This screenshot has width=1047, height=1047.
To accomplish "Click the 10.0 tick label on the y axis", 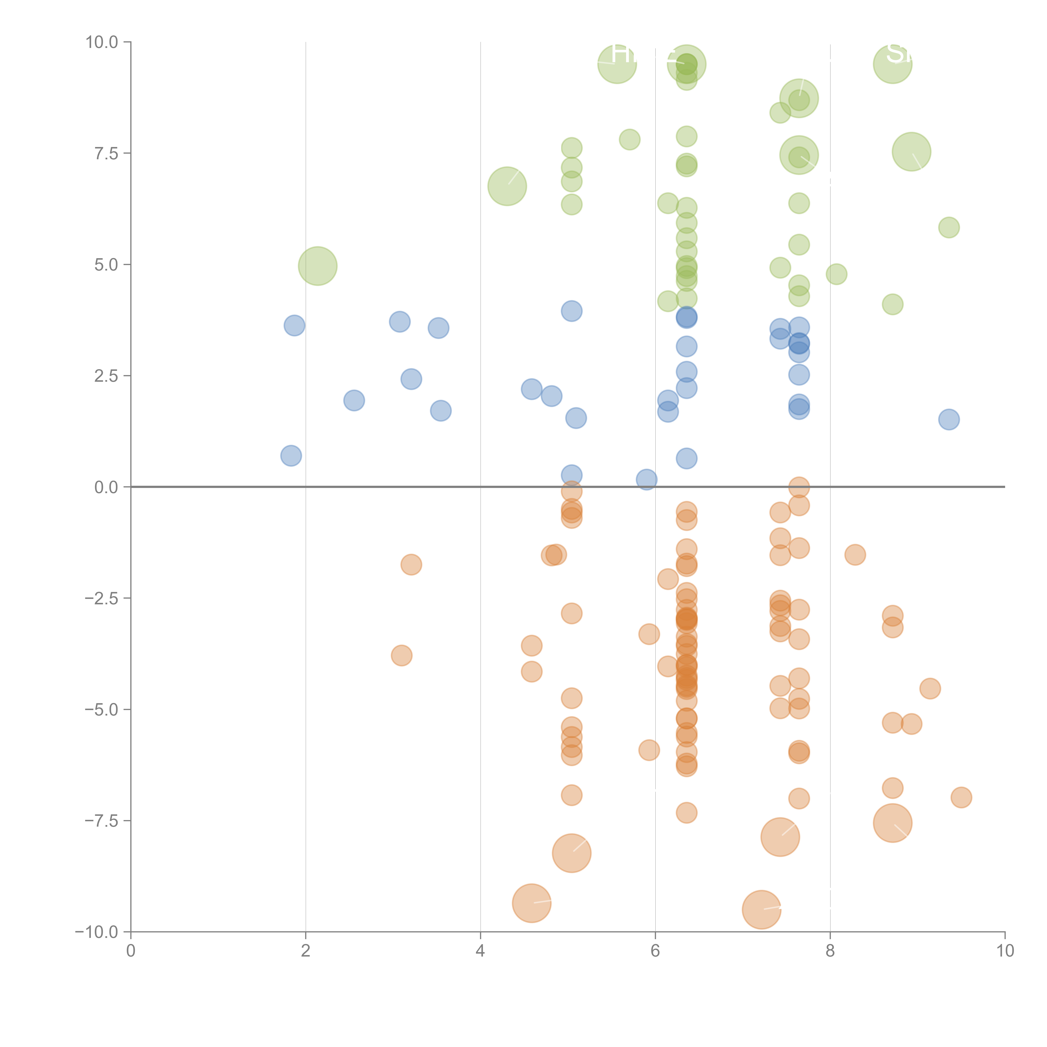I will pos(102,42).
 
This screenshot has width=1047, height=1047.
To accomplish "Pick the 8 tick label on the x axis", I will pos(830,951).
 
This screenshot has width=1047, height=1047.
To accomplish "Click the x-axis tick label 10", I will pos(1005,951).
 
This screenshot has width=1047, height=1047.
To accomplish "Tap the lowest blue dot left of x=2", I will pos(291,456).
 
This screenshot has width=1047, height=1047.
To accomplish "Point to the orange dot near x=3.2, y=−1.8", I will pos(411,565).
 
